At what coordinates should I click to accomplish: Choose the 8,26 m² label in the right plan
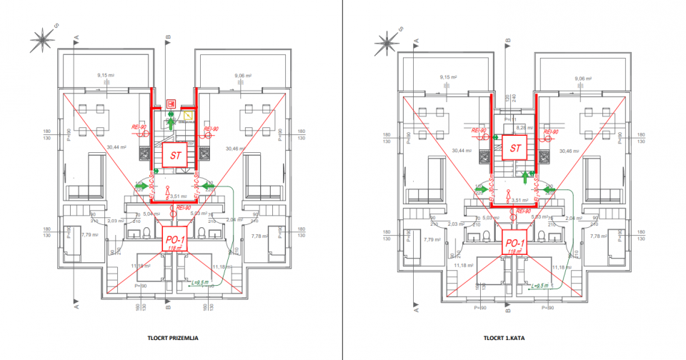(x=514, y=127)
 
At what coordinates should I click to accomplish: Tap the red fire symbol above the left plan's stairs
(x=171, y=102)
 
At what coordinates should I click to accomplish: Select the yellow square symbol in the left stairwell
(x=187, y=114)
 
